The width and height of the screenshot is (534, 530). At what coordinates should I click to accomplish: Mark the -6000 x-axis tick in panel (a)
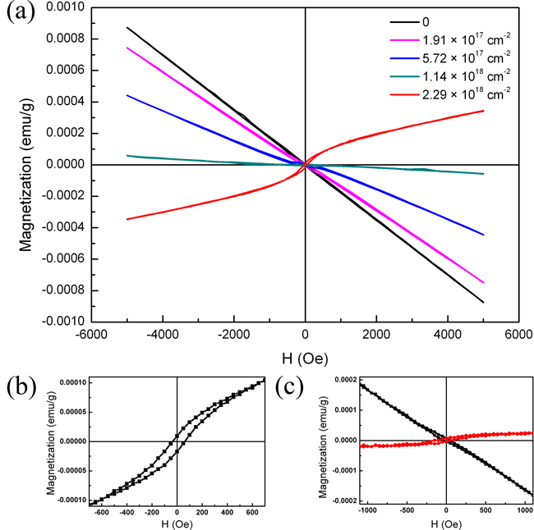93,336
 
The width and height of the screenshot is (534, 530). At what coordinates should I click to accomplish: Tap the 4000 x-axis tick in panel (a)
447,336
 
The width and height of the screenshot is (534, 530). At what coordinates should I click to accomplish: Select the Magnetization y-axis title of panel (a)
25,164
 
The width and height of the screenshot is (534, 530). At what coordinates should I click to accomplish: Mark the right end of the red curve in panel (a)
483,111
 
